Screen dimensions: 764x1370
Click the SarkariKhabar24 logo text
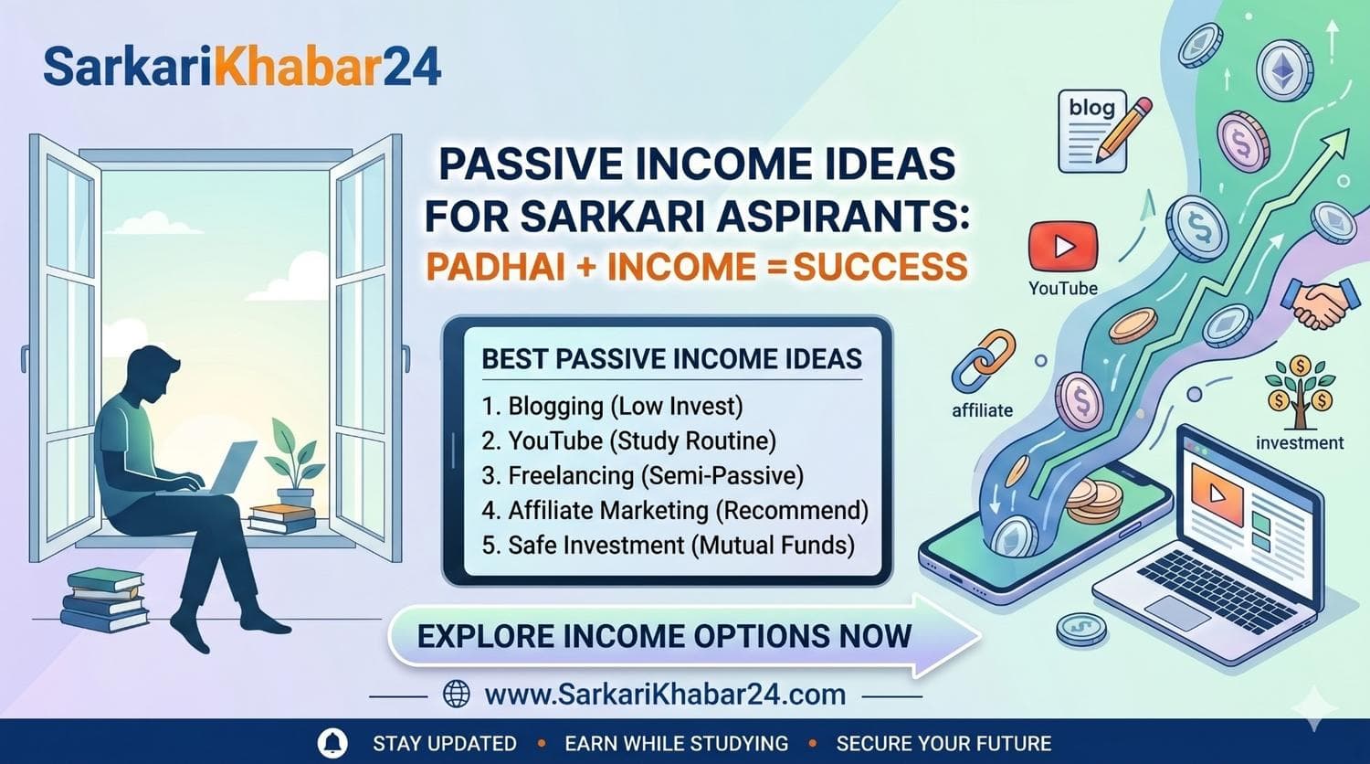(x=242, y=68)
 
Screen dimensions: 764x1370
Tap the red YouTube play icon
(x=1062, y=246)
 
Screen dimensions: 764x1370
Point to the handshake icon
(x=1315, y=304)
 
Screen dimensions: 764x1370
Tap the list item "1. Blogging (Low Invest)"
(x=612, y=406)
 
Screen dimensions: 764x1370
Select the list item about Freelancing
(x=642, y=475)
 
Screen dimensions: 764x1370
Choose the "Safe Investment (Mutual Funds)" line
(x=668, y=545)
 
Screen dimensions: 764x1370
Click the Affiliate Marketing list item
(x=674, y=510)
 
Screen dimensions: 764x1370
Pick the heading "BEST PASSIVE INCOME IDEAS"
(x=671, y=359)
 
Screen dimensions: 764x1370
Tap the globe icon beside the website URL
(x=456, y=695)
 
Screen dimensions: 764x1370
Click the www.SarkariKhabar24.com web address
(x=664, y=695)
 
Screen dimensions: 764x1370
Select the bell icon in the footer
(x=332, y=743)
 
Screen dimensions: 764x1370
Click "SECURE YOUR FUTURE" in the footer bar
(x=943, y=743)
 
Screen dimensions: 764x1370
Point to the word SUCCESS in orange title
(x=880, y=266)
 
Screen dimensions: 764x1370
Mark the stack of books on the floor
(x=105, y=600)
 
